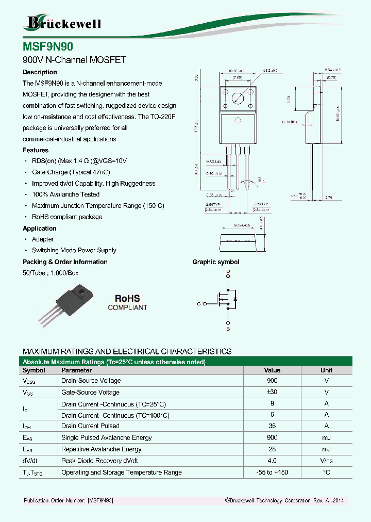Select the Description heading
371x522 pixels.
pyautogui.click(x=40, y=72)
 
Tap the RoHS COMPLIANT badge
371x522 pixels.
pyautogui.click(x=127, y=302)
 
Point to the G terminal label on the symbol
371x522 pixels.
pyautogui.click(x=198, y=304)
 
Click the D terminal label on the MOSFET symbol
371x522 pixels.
pyautogui.click(x=228, y=271)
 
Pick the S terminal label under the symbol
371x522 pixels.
pyautogui.click(x=228, y=329)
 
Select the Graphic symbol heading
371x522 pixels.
pyautogui.click(x=216, y=262)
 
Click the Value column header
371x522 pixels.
pyautogui.click(x=272, y=370)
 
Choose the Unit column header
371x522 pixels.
pyautogui.click(x=326, y=370)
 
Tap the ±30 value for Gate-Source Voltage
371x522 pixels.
pyautogui.click(x=272, y=393)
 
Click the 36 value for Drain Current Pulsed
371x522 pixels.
pyautogui.click(x=272, y=426)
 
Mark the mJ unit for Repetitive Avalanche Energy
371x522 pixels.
pyautogui.click(x=326, y=449)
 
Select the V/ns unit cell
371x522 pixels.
pyautogui.click(x=326, y=461)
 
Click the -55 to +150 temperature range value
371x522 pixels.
pyautogui.click(x=272, y=472)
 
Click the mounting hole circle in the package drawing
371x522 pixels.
pyautogui.click(x=238, y=98)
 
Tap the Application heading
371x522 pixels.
pyautogui.click(x=40, y=229)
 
